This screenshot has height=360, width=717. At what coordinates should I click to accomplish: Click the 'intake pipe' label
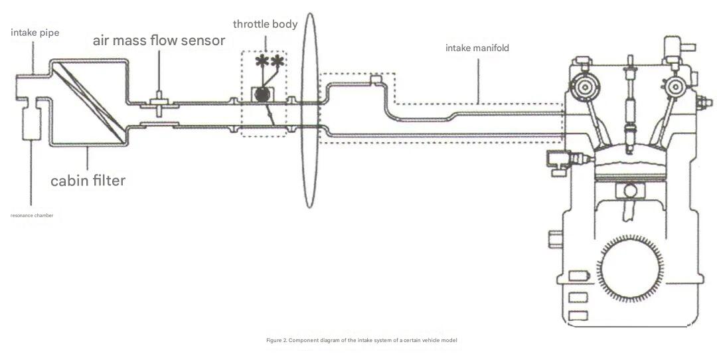click(x=35, y=33)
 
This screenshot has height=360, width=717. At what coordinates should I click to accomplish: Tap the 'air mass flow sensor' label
click(x=159, y=41)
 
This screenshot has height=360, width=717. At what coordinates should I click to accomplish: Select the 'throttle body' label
click(x=265, y=25)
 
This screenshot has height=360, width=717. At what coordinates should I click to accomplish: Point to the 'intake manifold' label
click(x=477, y=48)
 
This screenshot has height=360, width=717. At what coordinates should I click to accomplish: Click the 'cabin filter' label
click(x=88, y=179)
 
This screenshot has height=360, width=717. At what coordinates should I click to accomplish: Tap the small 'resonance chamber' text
click(x=32, y=215)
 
